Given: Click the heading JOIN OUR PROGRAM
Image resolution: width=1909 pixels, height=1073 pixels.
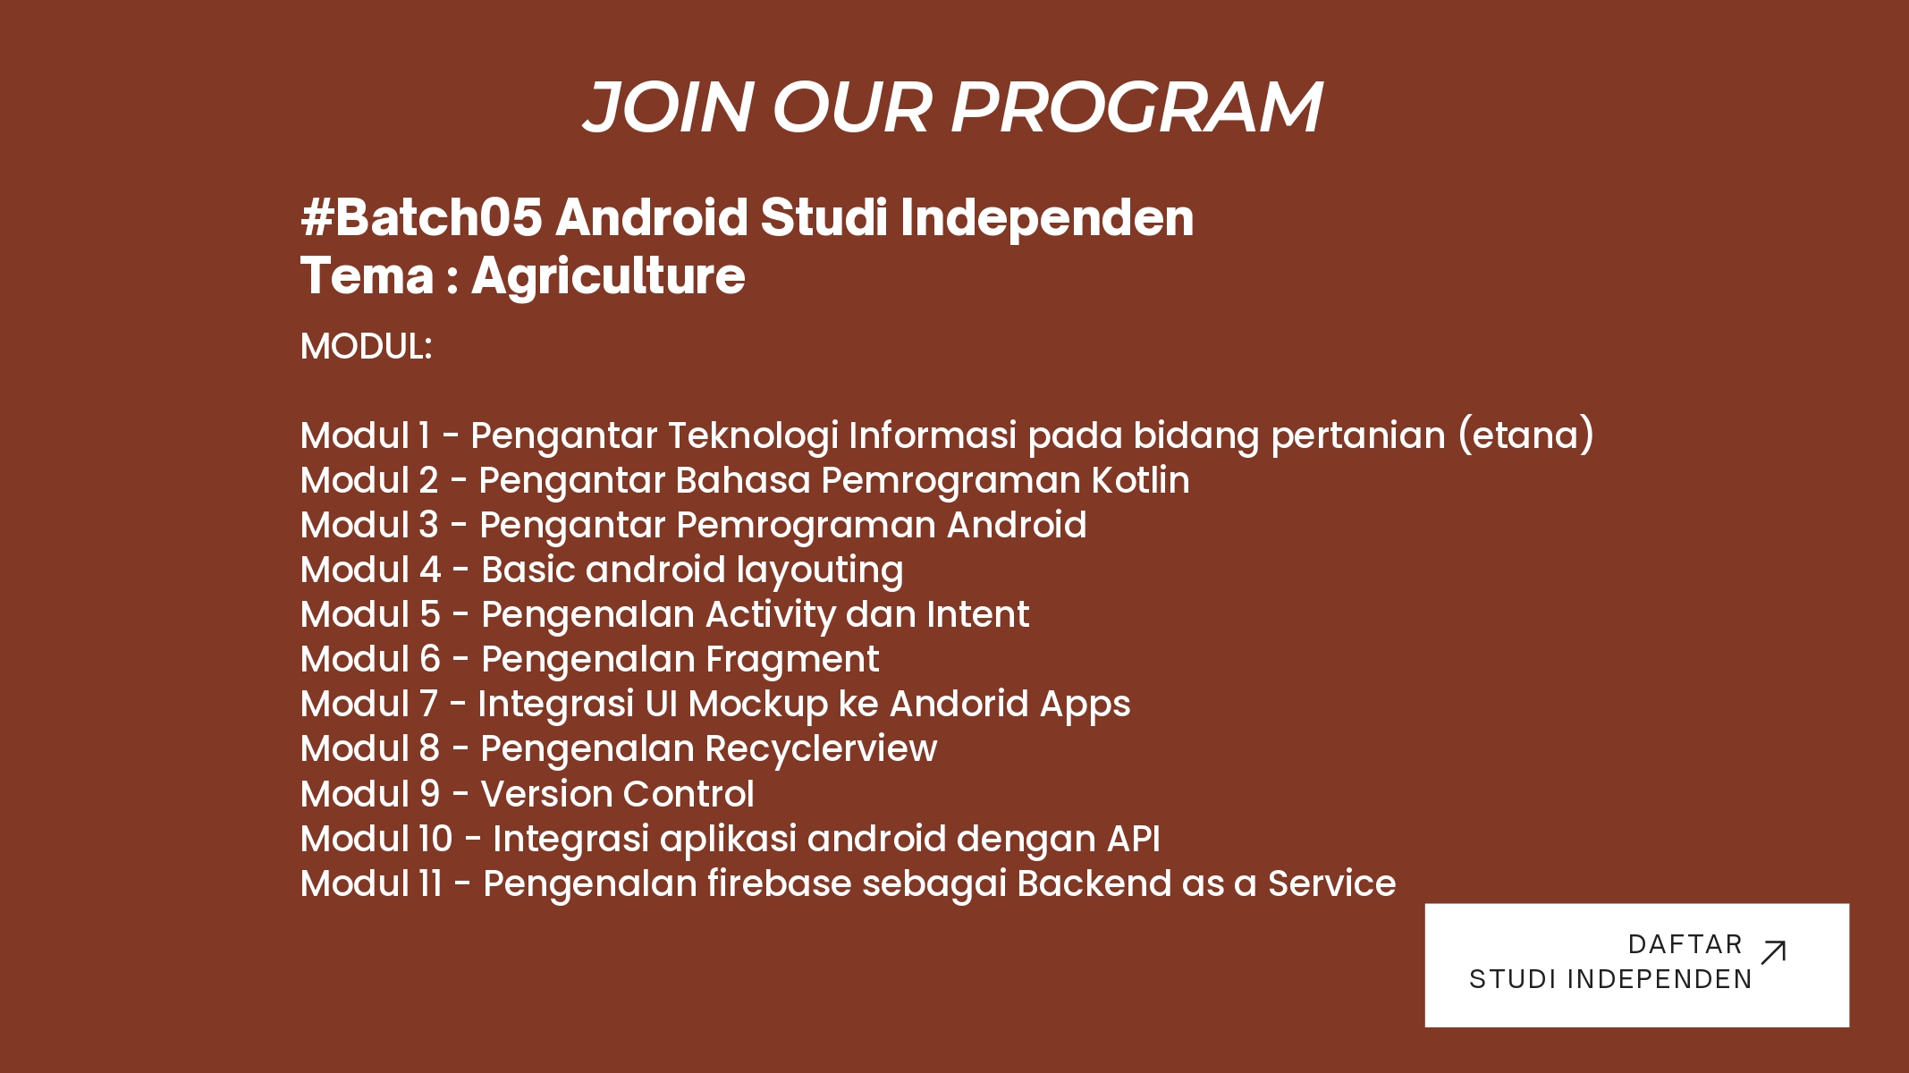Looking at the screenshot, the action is point(952,107).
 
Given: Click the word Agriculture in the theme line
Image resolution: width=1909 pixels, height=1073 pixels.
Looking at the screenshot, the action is point(608,276).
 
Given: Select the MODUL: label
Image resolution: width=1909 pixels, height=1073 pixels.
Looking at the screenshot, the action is point(367,347).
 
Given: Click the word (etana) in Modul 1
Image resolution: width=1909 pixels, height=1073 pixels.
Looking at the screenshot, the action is point(1526,435).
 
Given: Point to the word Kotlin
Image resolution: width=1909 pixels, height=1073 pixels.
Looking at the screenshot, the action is point(1140,480).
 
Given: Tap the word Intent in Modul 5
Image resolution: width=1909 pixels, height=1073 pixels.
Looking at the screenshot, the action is point(977,614).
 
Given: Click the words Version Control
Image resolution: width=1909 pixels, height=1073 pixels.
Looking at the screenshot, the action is point(617,794).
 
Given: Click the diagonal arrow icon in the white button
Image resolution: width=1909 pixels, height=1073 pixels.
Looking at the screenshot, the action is point(1773,952).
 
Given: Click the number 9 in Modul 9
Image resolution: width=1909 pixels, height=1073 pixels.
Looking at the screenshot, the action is point(430,794).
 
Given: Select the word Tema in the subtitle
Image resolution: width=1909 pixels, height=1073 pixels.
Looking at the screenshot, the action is point(367,275).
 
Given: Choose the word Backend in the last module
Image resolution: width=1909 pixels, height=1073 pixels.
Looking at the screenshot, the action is point(1094,883).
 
